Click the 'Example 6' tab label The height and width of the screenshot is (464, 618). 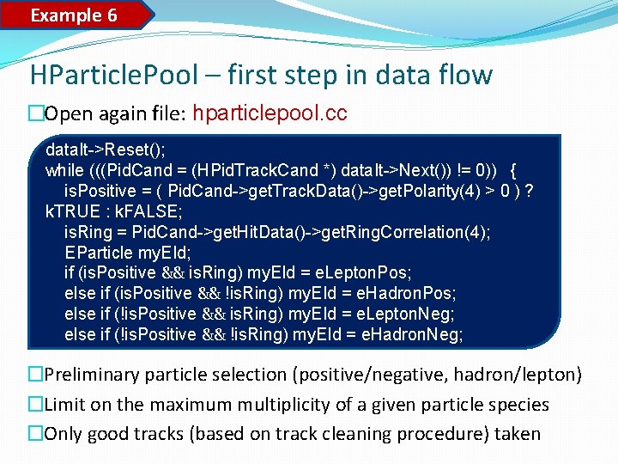pos(74,15)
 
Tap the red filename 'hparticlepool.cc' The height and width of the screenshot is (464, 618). pos(271,113)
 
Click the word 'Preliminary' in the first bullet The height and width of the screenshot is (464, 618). pos(94,375)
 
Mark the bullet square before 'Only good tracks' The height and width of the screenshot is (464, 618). pos(35,434)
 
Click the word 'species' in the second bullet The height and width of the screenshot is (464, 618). pos(518,404)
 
